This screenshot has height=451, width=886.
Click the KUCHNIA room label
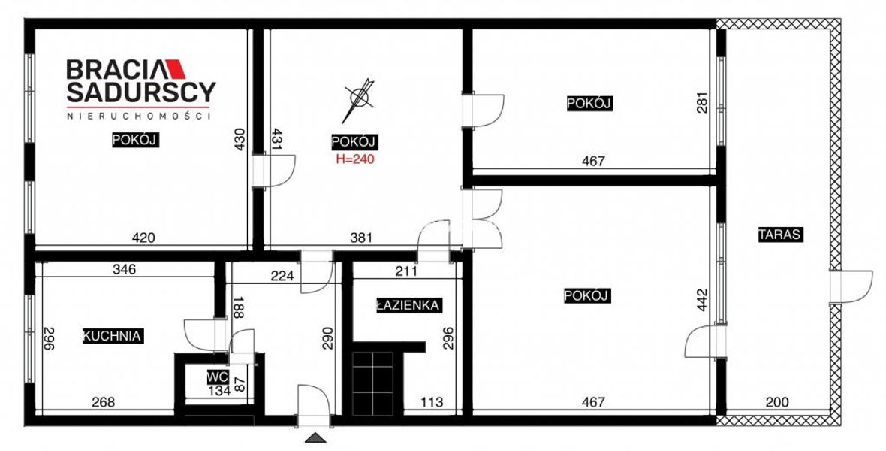112,335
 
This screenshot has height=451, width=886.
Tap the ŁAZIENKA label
408,306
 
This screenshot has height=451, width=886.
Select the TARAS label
780,235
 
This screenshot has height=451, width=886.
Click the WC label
217,377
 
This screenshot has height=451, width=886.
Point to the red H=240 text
355,159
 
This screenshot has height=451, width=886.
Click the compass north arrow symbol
357,100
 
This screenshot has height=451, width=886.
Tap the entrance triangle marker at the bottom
315,437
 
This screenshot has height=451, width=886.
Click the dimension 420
143,238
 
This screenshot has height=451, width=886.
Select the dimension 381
361,238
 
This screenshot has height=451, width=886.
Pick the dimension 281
702,102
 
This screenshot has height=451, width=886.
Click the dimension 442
702,300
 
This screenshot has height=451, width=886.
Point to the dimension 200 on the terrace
778,402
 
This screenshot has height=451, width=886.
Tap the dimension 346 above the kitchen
124,269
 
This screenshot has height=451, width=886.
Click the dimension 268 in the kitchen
104,402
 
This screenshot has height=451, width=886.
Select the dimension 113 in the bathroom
432,402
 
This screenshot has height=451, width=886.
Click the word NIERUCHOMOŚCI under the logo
139,116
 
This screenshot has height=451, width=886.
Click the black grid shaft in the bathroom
373,384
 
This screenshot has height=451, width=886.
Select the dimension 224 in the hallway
282,276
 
